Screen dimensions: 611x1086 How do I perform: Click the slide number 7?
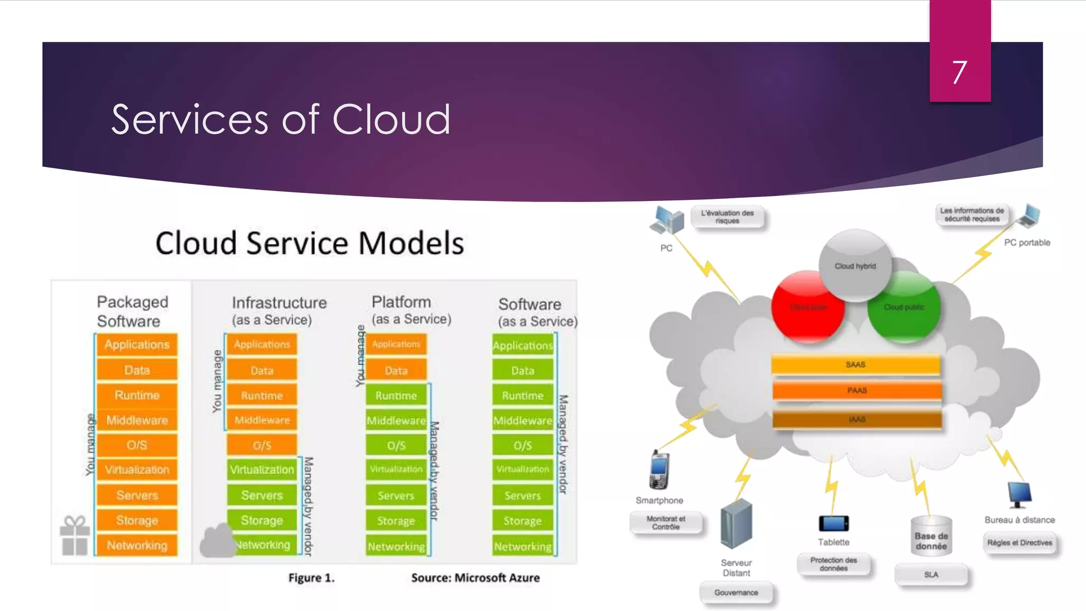tap(959, 73)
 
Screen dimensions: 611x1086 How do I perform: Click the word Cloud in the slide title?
tap(391, 119)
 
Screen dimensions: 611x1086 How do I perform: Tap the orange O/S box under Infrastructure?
tap(261, 445)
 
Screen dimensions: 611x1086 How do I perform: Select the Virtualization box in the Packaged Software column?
tap(137, 470)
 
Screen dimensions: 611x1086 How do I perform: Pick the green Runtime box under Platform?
tap(396, 396)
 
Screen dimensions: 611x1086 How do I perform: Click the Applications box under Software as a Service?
tap(522, 346)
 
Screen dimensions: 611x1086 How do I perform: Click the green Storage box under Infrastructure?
tap(261, 520)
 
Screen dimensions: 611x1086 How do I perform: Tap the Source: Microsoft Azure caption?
tap(475, 578)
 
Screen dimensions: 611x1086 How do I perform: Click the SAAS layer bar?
tap(855, 365)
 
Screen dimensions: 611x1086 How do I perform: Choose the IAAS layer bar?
tap(856, 419)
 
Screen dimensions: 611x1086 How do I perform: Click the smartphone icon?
tap(659, 470)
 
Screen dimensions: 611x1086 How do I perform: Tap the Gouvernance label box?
tap(735, 592)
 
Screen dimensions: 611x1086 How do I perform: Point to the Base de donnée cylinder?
tap(931, 537)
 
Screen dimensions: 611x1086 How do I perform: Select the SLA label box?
tap(931, 574)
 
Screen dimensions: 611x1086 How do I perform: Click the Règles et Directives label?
tap(1019, 543)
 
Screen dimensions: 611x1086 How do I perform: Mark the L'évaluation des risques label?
tap(727, 217)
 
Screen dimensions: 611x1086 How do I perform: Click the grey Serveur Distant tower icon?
tap(736, 524)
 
